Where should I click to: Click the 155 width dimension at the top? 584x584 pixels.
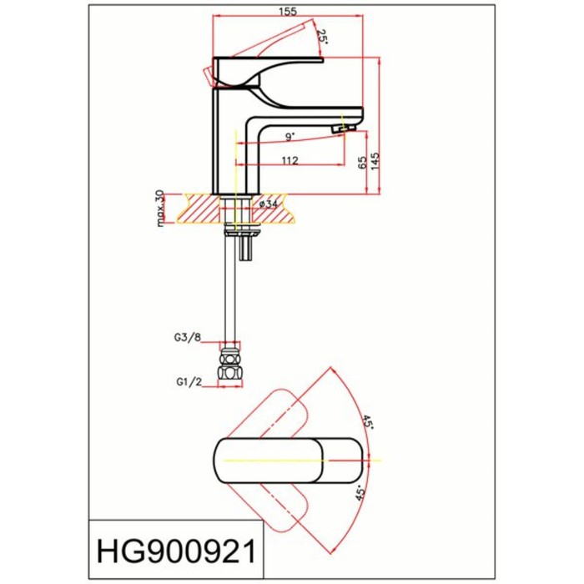click(x=288, y=11)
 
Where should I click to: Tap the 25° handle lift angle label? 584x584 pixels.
click(x=322, y=37)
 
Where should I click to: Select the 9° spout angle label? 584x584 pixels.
click(x=290, y=137)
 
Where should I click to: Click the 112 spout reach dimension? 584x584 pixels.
click(x=290, y=160)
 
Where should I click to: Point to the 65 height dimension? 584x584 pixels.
click(x=362, y=163)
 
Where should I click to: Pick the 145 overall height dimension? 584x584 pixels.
click(x=375, y=161)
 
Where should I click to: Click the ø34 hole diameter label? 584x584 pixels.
click(x=268, y=204)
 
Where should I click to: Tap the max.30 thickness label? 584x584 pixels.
click(x=160, y=209)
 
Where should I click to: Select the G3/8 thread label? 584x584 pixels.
click(x=188, y=337)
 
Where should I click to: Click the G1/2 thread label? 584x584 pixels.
click(x=189, y=382)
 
